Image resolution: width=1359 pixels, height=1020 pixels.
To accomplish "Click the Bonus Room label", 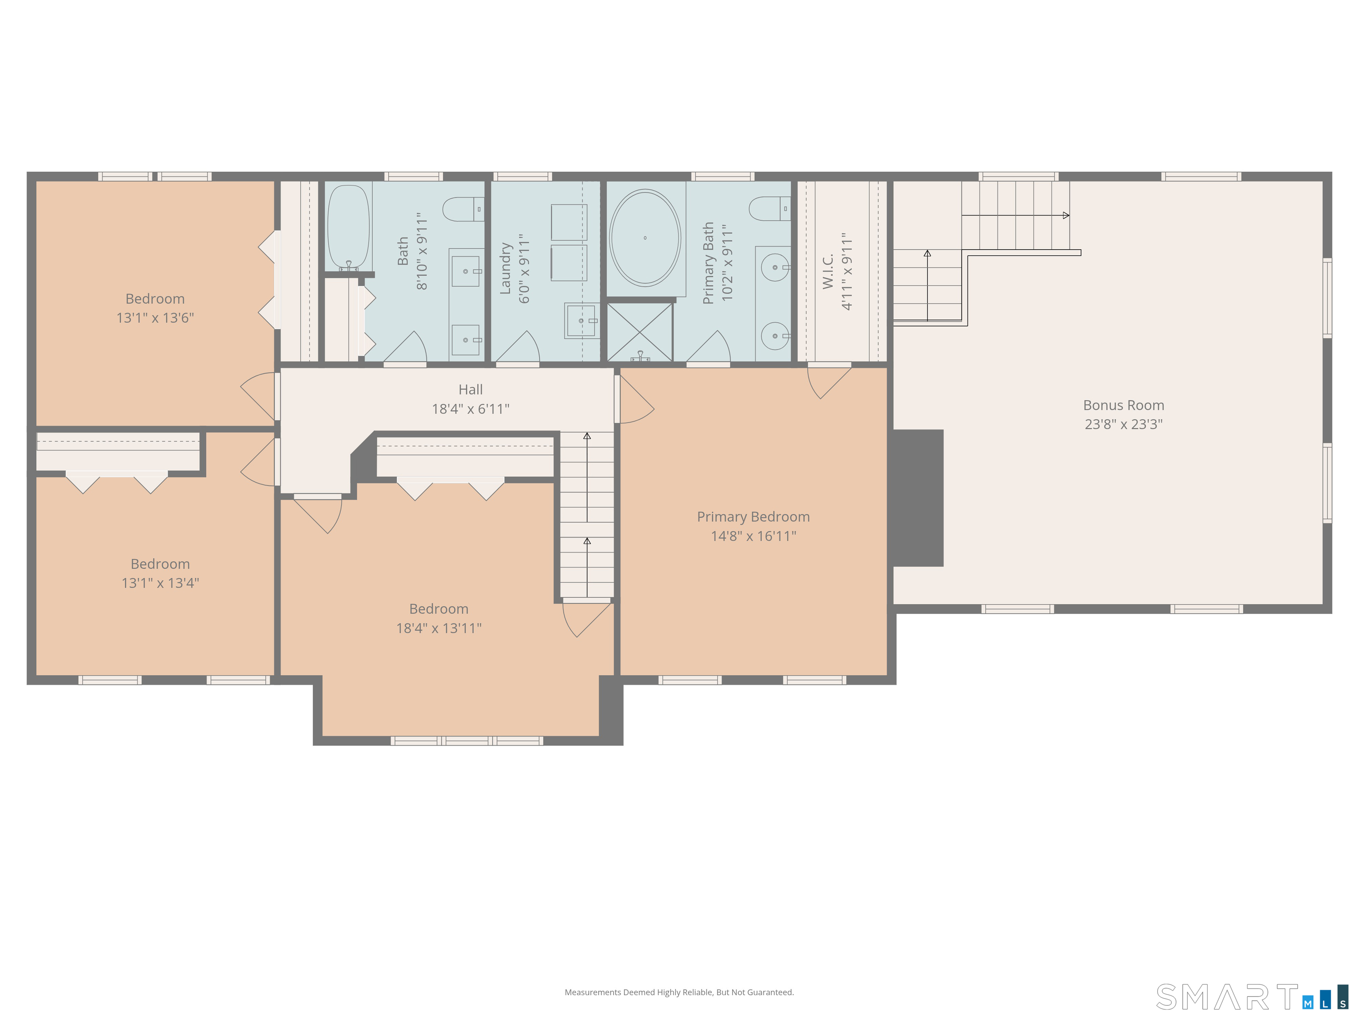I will click(1123, 405).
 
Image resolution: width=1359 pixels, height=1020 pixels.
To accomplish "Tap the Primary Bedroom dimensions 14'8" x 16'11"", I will click(753, 536).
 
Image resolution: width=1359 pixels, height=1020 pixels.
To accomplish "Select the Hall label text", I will click(471, 390).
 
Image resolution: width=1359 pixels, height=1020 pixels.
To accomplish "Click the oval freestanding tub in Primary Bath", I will click(645, 237).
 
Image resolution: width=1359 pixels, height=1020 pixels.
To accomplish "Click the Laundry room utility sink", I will click(581, 321).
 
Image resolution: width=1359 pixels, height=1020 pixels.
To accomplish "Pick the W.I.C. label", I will click(828, 271).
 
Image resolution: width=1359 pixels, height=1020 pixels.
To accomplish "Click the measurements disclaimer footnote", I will click(679, 993).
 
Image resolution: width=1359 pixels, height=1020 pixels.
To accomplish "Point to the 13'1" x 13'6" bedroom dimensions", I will click(155, 318).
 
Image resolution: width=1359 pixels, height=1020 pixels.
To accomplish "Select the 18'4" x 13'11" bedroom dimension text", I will click(439, 628).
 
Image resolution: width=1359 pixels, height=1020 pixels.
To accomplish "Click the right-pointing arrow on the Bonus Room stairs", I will click(1066, 215).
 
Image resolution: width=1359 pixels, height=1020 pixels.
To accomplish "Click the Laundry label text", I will click(506, 268).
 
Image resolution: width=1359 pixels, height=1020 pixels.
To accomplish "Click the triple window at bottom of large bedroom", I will click(467, 741).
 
